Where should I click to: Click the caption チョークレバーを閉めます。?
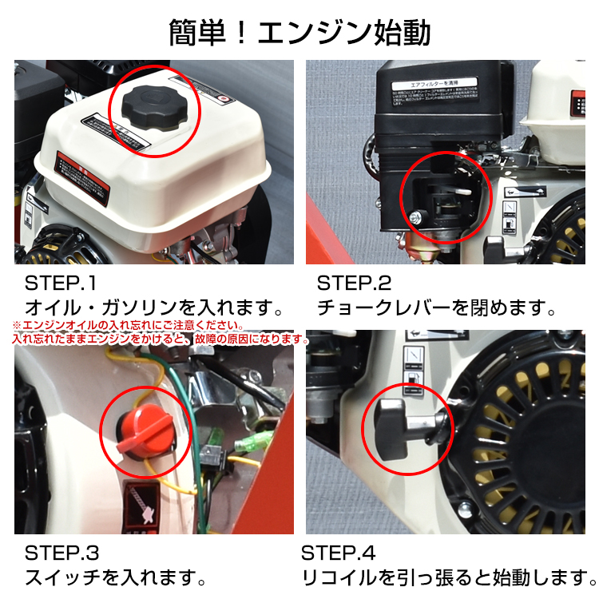click(x=436, y=307)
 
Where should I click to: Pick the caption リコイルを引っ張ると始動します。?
click(x=447, y=577)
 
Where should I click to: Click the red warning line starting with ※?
click(x=128, y=326)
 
